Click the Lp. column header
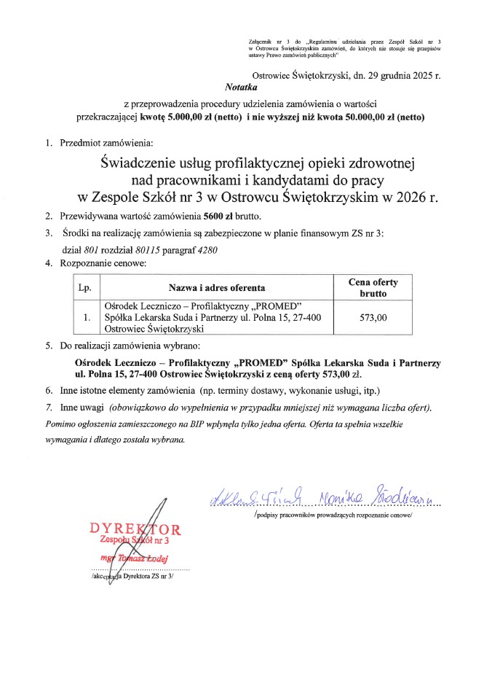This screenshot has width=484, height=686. coord(84,287)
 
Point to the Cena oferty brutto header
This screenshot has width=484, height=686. coord(373,287)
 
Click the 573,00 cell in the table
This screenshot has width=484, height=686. coord(373,318)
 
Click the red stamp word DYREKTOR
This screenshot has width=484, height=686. coord(135,528)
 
